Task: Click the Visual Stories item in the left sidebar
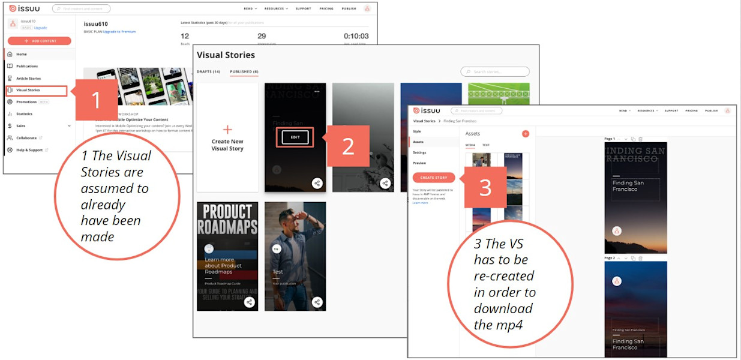(x=28, y=90)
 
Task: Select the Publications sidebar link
(x=27, y=66)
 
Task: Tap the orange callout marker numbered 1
(x=96, y=100)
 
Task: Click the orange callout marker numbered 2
(x=348, y=146)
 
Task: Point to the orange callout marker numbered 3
(x=485, y=187)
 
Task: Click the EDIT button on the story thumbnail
(x=295, y=137)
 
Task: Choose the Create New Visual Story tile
(x=227, y=138)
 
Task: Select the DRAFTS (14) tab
(x=208, y=71)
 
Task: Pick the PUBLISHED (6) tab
(x=244, y=71)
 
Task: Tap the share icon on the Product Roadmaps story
(x=250, y=302)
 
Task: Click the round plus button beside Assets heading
(x=526, y=134)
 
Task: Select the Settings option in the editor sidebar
(x=419, y=152)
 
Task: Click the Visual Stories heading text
(x=226, y=55)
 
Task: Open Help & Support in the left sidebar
(x=29, y=150)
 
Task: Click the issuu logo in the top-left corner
(x=25, y=8)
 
